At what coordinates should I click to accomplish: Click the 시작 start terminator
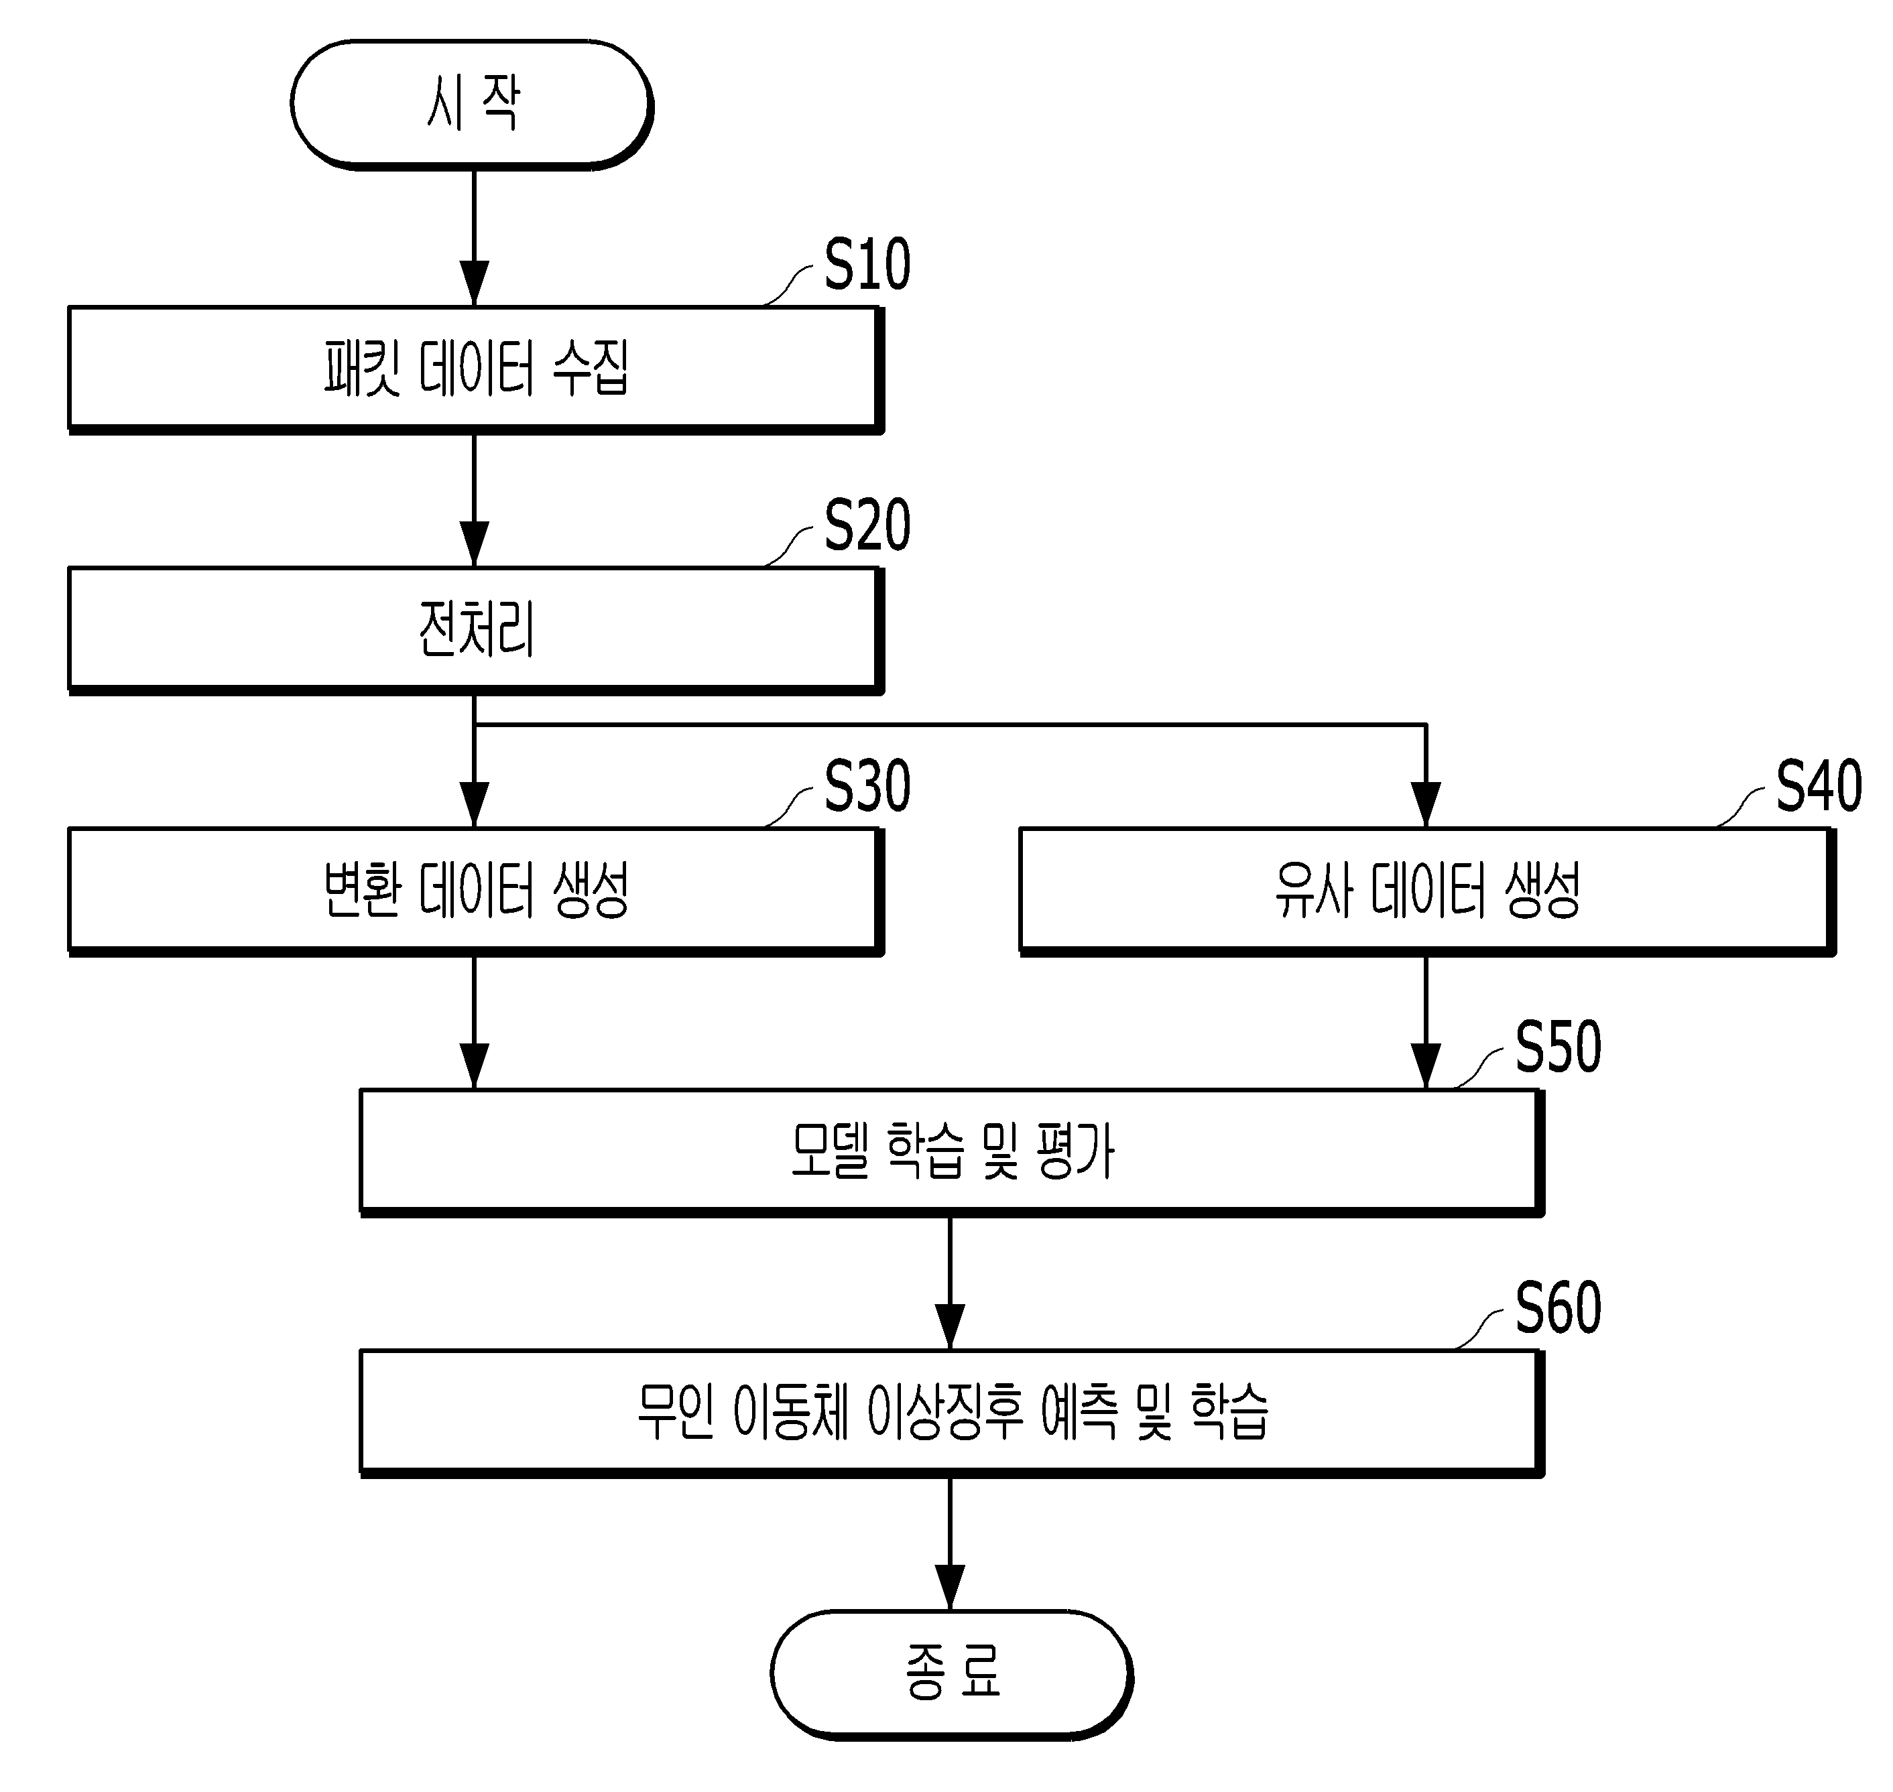pos(472,104)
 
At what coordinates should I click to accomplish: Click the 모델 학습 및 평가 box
pos(952,1152)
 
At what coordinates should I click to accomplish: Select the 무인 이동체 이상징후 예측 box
pos(952,1413)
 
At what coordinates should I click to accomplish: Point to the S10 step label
pos(867,265)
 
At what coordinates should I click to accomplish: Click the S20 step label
pos(867,525)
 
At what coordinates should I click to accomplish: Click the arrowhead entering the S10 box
pos(474,283)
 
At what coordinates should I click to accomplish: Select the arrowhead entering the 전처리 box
pos(474,543)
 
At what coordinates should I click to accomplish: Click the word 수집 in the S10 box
pos(593,369)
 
